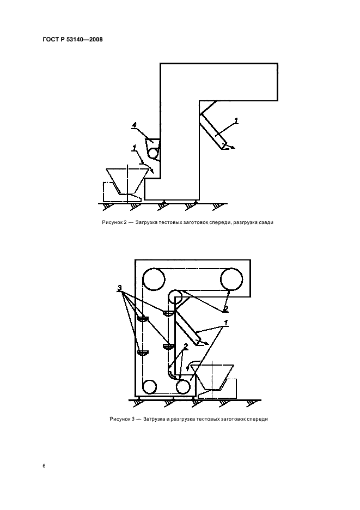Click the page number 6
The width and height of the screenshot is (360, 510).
tap(44, 466)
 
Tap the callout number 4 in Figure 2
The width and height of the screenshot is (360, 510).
tap(134, 125)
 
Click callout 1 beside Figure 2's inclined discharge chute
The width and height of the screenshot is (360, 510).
tap(236, 121)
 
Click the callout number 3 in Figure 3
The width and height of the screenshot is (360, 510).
tap(120, 288)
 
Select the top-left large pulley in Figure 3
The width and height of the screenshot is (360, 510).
tap(154, 279)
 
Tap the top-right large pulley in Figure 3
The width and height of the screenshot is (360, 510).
tap(231, 279)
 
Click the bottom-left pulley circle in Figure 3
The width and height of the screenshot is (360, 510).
tap(150, 387)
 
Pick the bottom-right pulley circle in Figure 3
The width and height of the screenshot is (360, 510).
tap(183, 387)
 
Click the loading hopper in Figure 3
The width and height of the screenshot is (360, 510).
tap(212, 377)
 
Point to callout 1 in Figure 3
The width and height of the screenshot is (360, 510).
tap(225, 323)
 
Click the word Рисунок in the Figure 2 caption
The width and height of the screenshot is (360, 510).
tap(112, 223)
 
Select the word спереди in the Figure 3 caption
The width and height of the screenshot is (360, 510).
tap(257, 419)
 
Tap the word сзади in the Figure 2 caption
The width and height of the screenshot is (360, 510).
tap(266, 223)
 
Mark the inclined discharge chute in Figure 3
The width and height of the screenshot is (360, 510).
tap(188, 327)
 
